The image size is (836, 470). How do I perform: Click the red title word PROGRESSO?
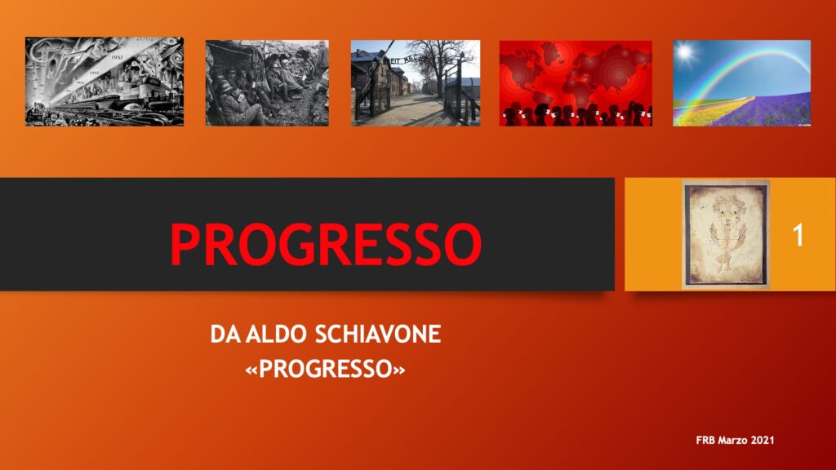click(326, 244)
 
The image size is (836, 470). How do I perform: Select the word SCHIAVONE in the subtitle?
click(378, 335)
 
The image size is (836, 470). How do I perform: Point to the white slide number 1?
click(798, 235)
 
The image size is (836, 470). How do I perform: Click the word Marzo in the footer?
click(732, 440)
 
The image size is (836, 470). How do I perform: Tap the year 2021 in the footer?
click(763, 440)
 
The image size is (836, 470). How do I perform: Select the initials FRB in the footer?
click(705, 440)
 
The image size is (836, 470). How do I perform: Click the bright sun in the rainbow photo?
click(686, 53)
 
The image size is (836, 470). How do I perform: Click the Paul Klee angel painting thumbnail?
click(726, 234)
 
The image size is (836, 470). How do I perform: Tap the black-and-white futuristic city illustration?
click(104, 82)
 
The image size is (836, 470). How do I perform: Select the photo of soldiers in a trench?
click(267, 83)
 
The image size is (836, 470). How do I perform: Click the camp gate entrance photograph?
click(416, 83)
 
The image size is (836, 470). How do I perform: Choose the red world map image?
click(576, 83)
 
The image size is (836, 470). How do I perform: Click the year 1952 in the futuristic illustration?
click(118, 56)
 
